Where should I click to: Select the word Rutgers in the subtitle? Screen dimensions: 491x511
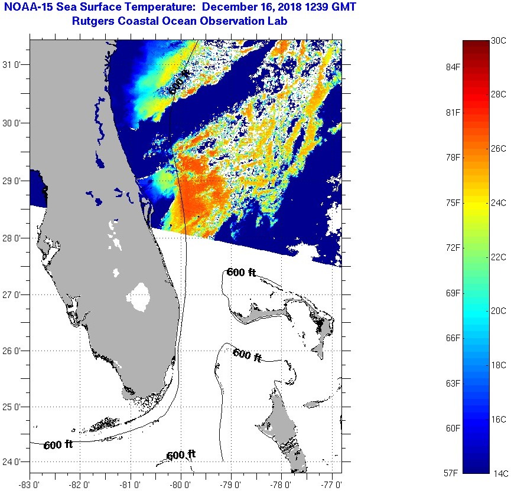click(x=93, y=21)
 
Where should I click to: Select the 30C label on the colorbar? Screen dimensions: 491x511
click(x=499, y=40)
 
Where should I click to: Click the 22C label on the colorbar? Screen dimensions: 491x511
click(x=499, y=257)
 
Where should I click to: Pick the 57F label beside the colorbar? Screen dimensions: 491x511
click(x=452, y=473)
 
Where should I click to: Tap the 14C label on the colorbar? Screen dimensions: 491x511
click(x=499, y=473)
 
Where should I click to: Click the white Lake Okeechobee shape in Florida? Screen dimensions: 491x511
click(x=140, y=296)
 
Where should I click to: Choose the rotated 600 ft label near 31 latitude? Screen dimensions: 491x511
click(x=180, y=82)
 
